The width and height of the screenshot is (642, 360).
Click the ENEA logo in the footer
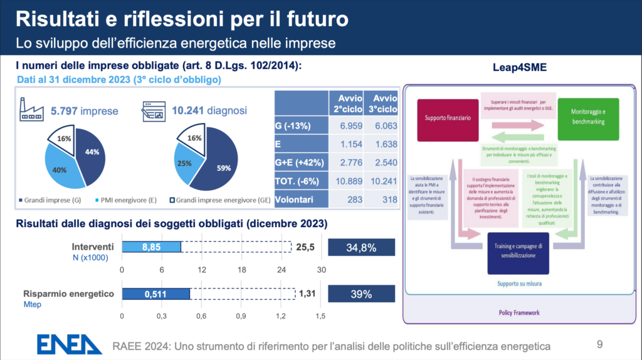tap(69, 344)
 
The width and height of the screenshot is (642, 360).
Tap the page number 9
tap(600, 344)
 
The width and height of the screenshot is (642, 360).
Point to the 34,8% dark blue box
tap(360, 248)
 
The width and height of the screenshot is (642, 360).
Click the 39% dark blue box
tap(360, 294)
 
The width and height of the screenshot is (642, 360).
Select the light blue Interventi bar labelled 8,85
tap(151, 248)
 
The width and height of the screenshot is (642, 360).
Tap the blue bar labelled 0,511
tap(155, 294)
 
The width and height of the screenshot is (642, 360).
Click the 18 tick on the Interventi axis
tap(241, 270)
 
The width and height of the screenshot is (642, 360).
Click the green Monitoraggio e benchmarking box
tap(587, 115)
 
